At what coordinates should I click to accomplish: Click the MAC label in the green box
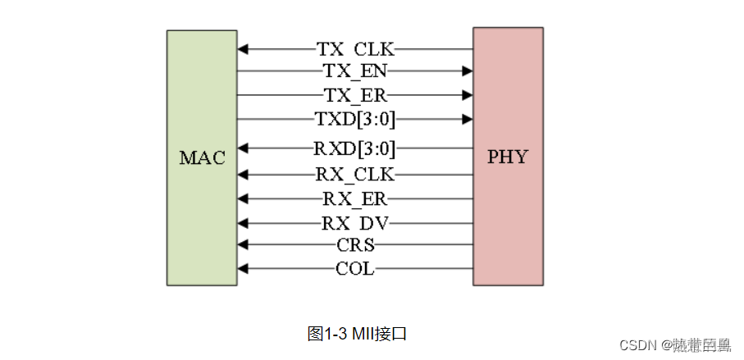coord(202,157)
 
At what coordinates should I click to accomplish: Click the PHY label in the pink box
coord(508,157)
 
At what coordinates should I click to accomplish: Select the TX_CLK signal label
coord(355,49)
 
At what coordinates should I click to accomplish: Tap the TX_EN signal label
coord(355,71)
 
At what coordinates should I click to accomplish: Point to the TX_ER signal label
coord(355,95)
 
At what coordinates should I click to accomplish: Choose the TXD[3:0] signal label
coord(355,120)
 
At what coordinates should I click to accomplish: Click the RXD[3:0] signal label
coord(355,149)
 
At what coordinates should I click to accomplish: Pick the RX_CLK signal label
coord(355,174)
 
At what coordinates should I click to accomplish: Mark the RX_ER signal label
coord(355,198)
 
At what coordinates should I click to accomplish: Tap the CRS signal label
coord(355,244)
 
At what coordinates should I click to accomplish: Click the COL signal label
coord(355,268)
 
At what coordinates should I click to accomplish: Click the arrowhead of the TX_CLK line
coord(243,49)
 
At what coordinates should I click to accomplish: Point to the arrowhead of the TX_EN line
coord(468,71)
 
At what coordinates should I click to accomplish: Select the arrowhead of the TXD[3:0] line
coord(468,120)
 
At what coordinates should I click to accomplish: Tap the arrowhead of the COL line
coord(243,268)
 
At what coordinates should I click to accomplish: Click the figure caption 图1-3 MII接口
coord(357,334)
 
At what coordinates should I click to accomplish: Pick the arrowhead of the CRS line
coord(243,244)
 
